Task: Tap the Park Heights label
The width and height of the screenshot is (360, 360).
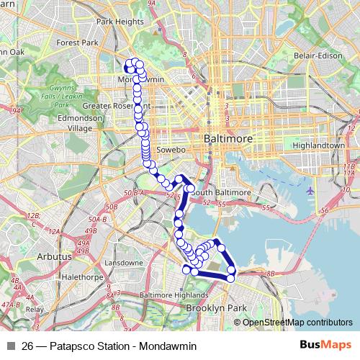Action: click(x=120, y=22)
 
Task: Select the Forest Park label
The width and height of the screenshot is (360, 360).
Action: click(x=81, y=42)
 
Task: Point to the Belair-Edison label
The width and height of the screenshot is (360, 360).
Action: click(x=307, y=55)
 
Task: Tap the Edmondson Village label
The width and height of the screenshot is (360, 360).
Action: click(x=80, y=123)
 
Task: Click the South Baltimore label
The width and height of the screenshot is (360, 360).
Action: click(x=220, y=192)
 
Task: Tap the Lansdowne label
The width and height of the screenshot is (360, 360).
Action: click(x=120, y=263)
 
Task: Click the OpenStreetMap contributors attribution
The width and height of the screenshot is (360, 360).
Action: click(x=297, y=323)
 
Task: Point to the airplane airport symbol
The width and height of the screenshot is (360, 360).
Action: click(x=310, y=191)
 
